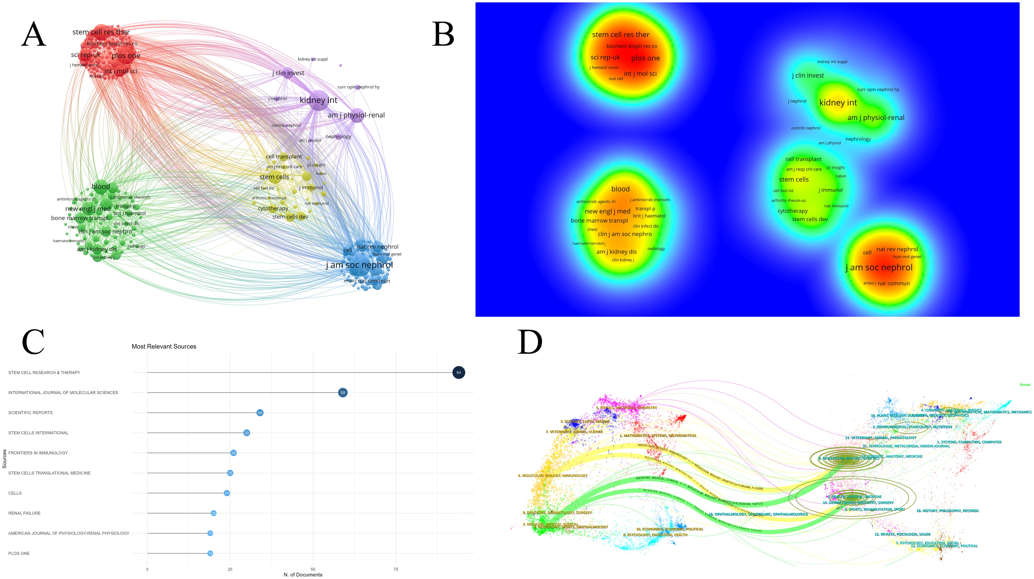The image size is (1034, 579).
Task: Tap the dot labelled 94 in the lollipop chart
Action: [x=458, y=373]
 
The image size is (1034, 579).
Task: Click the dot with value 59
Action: [x=342, y=393]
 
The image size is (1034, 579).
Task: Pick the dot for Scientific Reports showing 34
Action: [x=260, y=413]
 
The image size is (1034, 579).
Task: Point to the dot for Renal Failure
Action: [x=214, y=513]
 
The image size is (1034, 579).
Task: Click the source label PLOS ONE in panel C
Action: [x=19, y=553]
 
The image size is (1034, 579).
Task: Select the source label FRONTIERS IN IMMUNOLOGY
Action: [x=38, y=453]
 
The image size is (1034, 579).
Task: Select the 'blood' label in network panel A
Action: [x=101, y=186]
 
